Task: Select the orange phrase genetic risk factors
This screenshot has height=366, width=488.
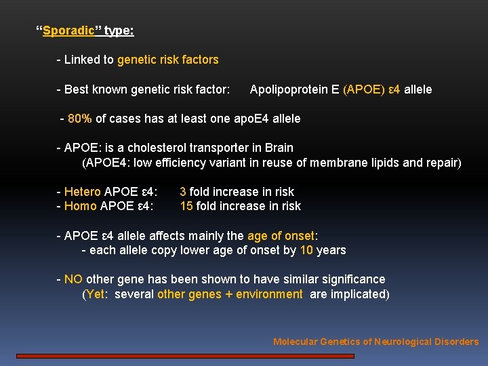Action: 167,60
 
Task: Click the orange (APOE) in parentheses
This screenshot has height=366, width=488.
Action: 364,89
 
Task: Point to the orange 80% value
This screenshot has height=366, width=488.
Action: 80,119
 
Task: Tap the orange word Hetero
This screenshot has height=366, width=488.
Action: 83,192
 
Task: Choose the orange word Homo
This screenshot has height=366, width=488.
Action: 81,206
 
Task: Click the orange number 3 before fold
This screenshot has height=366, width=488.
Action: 183,192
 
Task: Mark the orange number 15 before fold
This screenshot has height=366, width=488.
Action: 186,206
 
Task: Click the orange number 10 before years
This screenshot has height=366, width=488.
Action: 306,250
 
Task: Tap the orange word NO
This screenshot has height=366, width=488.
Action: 73,279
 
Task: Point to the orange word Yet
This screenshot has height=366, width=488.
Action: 96,294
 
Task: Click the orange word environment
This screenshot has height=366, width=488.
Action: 269,294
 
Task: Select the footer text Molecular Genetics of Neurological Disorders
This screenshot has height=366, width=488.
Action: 375,342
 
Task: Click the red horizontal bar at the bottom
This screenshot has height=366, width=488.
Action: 185,355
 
